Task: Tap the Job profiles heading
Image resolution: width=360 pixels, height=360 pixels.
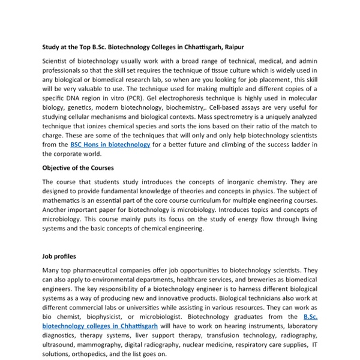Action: pyautogui.click(x=59, y=256)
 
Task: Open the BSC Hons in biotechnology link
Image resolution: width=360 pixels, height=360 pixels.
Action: pyautogui.click(x=110, y=145)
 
